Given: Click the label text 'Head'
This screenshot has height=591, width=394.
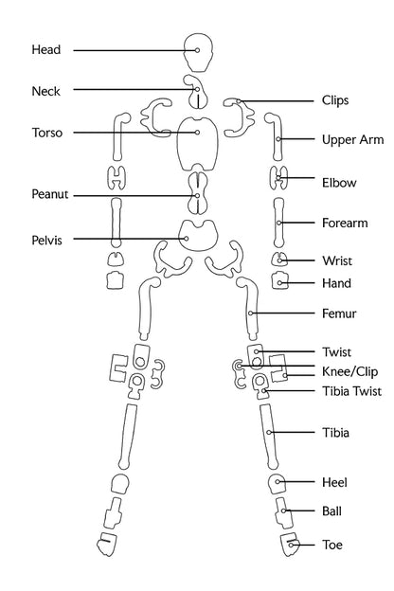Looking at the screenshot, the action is [x=46, y=49].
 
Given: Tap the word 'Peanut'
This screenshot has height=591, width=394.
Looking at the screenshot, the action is [x=50, y=194].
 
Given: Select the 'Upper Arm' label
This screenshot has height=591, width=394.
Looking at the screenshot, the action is [x=352, y=140].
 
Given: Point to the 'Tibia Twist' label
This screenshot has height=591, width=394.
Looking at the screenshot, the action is [x=351, y=391].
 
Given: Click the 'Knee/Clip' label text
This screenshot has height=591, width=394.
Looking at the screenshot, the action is [x=349, y=371].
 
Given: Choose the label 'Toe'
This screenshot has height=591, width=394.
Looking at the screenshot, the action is [x=332, y=545].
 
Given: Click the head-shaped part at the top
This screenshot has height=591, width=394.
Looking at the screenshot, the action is [x=198, y=52].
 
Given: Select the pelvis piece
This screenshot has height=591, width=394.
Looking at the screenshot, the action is [x=198, y=235].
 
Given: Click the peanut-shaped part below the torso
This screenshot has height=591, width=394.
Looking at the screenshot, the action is [x=198, y=193].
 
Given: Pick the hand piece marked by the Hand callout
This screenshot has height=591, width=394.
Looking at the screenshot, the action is [x=279, y=280].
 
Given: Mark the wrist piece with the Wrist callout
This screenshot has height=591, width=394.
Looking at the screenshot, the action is [x=279, y=260].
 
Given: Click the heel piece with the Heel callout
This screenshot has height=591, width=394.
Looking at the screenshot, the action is [x=278, y=483].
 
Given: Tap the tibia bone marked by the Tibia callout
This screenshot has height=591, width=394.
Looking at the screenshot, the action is [x=269, y=436].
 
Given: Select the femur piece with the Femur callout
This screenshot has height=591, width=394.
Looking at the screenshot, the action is [x=250, y=308].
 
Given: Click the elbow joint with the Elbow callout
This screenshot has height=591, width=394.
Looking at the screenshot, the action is [x=278, y=177].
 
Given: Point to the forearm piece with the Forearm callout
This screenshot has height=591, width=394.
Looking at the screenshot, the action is [x=278, y=223].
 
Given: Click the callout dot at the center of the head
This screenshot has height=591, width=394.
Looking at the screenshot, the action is [x=197, y=50].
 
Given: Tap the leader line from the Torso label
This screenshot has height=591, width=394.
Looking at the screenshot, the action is [x=134, y=133].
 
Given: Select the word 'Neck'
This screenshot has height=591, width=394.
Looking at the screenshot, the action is [x=46, y=91].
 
